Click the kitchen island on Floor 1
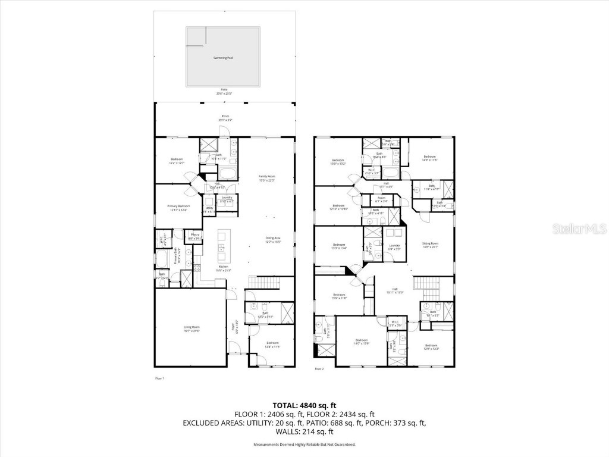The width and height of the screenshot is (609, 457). (x=224, y=247)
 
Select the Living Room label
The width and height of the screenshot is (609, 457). (x=191, y=328)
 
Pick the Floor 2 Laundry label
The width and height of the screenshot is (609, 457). (x=394, y=247)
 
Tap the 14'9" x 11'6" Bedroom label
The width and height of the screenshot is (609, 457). (x=429, y=158)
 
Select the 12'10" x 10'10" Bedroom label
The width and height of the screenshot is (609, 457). (x=338, y=208)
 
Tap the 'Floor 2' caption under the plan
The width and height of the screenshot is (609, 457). (x=319, y=369)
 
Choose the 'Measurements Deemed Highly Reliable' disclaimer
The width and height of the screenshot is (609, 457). (x=304, y=445)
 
